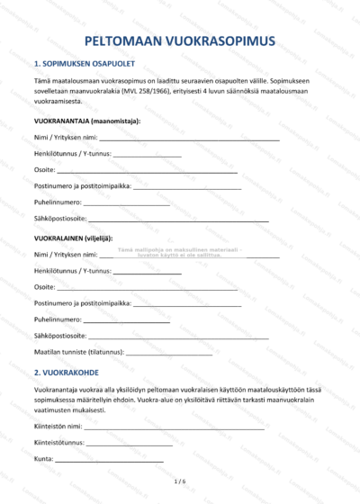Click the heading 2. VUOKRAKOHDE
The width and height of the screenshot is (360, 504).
(x=71, y=371)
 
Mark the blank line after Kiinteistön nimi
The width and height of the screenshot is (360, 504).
(x=175, y=428)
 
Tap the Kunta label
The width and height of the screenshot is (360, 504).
(x=43, y=460)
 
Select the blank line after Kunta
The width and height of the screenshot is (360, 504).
(x=110, y=462)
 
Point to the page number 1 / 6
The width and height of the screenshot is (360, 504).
(x=179, y=482)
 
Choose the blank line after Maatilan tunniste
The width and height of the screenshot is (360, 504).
(x=171, y=353)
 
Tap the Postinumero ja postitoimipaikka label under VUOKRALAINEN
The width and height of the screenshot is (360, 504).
(x=83, y=302)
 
